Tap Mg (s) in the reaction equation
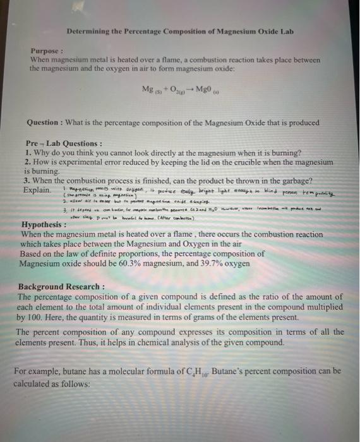point(152,88)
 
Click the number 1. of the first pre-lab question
point(26,153)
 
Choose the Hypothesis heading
point(44,224)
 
